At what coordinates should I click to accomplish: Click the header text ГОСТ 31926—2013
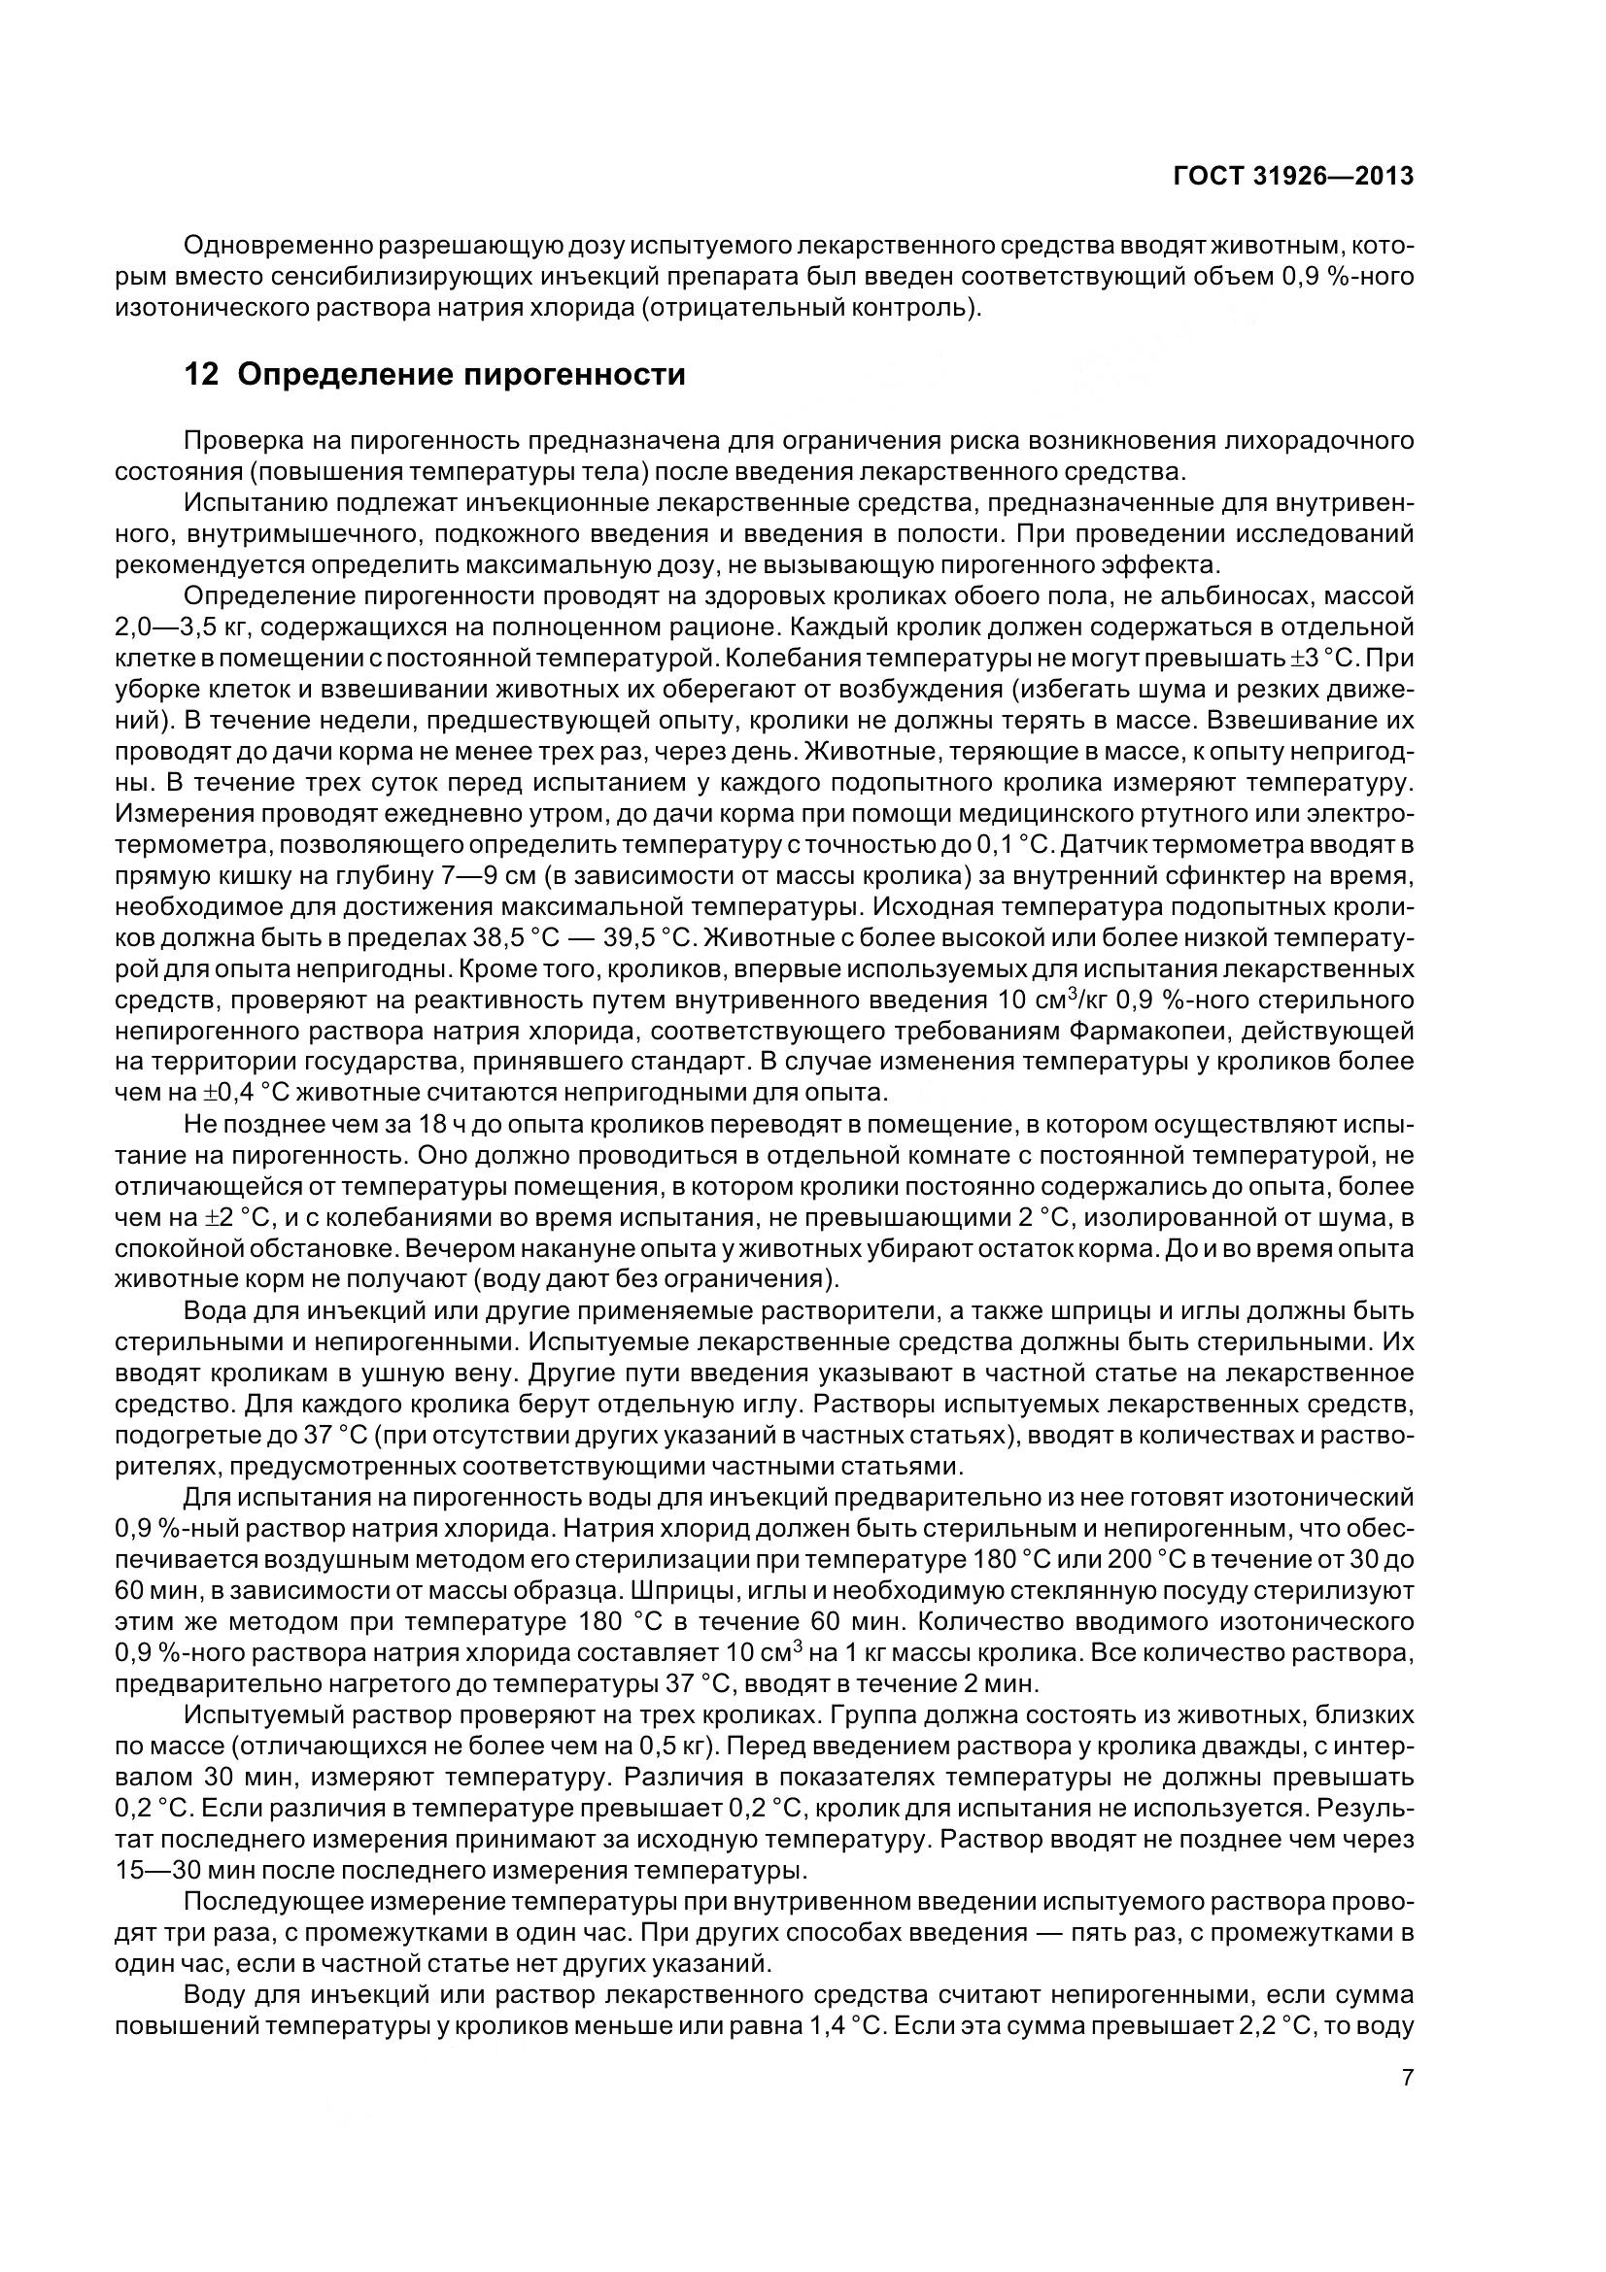point(1292,176)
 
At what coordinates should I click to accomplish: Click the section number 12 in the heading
point(201,375)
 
